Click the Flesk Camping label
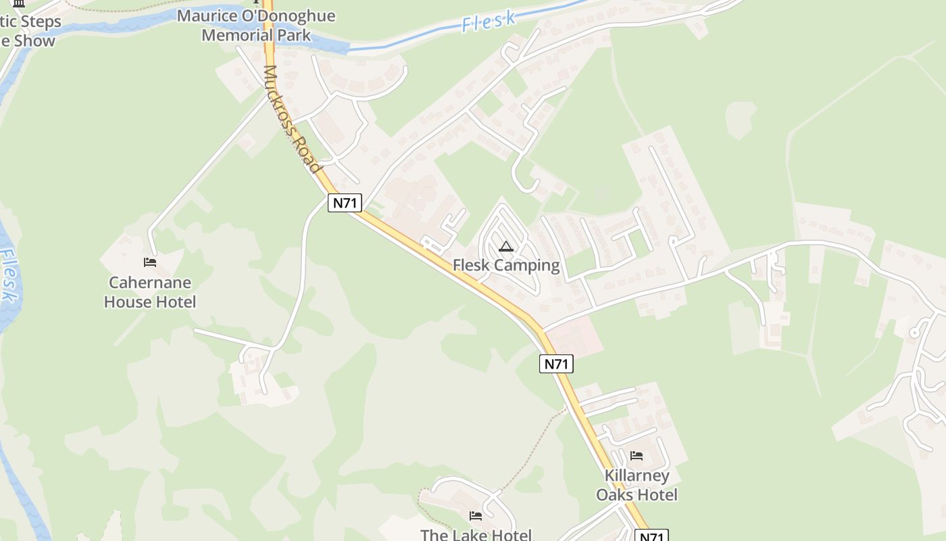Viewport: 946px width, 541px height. pyautogui.click(x=506, y=265)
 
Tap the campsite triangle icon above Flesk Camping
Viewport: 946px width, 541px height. pyautogui.click(x=506, y=247)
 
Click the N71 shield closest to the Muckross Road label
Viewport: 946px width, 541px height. pyautogui.click(x=345, y=203)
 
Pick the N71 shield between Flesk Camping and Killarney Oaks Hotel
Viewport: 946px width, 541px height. pyautogui.click(x=557, y=364)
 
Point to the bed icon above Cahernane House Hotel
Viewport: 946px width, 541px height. pyautogui.click(x=150, y=262)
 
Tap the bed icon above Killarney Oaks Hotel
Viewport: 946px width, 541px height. pyautogui.click(x=637, y=456)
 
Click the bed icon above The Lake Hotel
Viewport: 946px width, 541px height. pyautogui.click(x=476, y=516)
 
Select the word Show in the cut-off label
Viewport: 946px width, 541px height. pyautogui.click(x=34, y=41)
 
